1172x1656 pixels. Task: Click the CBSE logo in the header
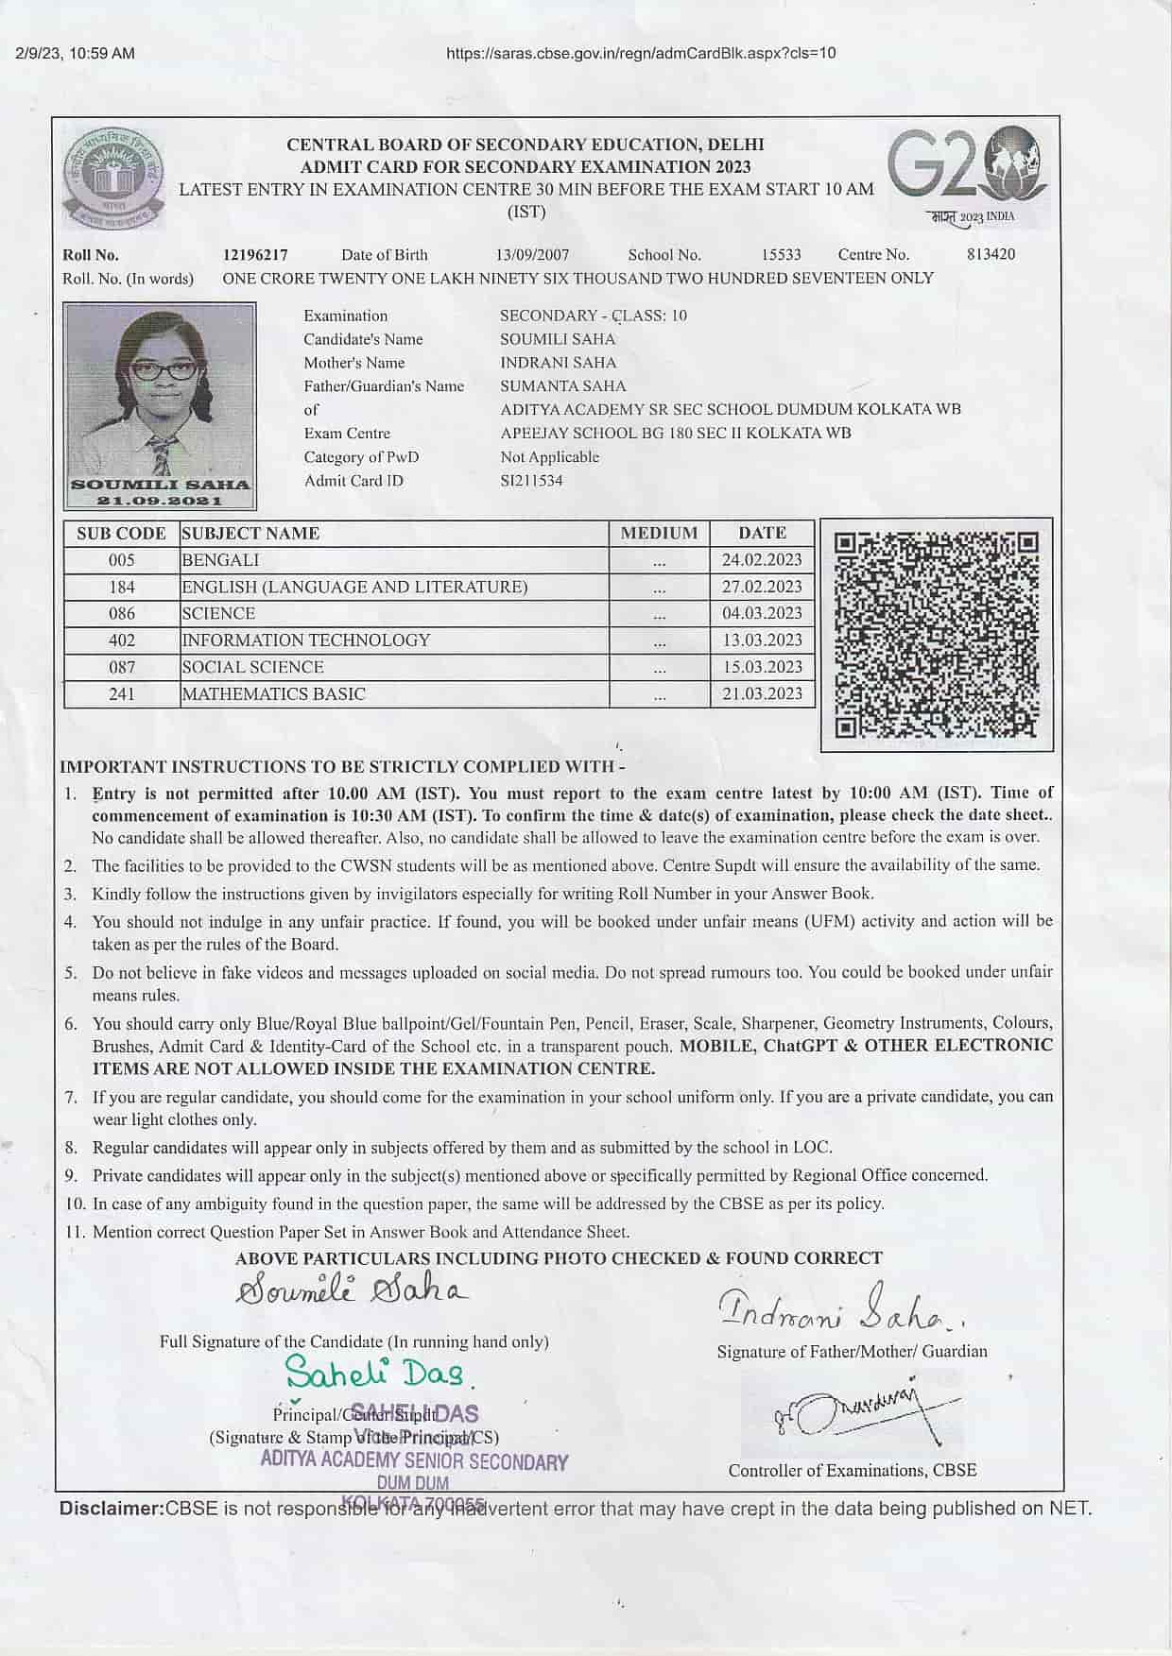pos(112,177)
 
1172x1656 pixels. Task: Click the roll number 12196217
pos(255,254)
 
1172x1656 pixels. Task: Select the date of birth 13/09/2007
pos(532,254)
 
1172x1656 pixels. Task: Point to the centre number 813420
pos(991,254)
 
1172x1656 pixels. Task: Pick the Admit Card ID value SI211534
pos(531,480)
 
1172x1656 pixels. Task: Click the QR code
pos(936,634)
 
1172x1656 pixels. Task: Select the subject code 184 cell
pos(122,587)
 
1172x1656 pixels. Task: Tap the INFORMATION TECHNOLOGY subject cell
pos(306,640)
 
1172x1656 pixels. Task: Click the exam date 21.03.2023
pos(762,693)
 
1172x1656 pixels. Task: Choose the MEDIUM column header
pos(659,533)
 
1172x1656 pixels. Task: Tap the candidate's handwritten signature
pos(351,1289)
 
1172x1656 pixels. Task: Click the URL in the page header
pos(641,53)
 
